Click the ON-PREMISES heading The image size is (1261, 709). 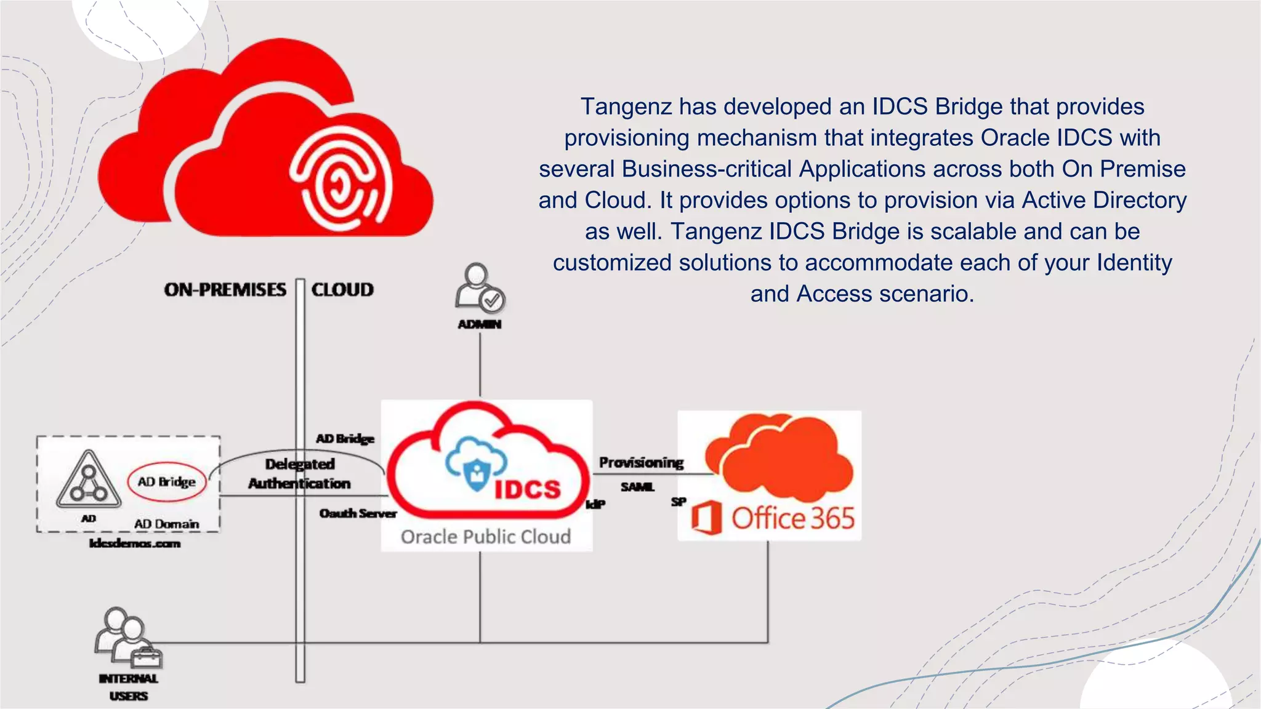tap(225, 290)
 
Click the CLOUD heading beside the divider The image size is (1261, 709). tap(342, 290)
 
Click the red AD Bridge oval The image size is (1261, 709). tap(167, 481)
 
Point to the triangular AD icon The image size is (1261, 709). tap(89, 479)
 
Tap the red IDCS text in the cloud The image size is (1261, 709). tap(528, 489)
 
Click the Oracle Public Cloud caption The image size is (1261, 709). tap(486, 537)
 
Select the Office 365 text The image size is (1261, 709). tap(793, 518)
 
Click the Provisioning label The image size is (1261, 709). tap(641, 462)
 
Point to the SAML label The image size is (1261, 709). tap(637, 487)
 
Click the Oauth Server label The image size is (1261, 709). tap(358, 513)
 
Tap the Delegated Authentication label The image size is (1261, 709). tap(300, 473)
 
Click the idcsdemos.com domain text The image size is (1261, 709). tap(135, 543)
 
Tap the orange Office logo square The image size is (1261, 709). tap(706, 518)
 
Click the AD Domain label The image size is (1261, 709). tap(167, 524)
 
